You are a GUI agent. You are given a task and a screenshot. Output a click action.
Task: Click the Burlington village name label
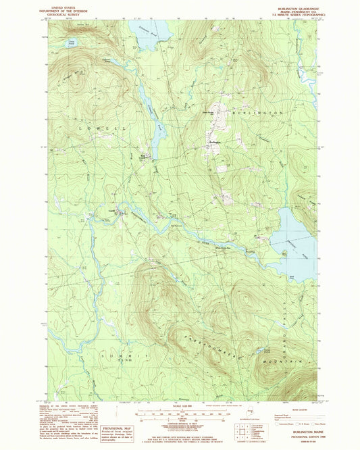click(x=215, y=143)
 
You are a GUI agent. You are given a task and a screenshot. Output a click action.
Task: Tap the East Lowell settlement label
click(x=145, y=156)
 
